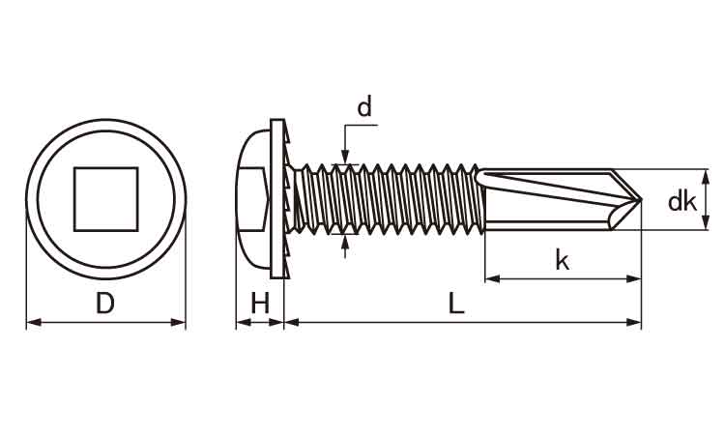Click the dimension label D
(x=105, y=304)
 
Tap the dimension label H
(x=260, y=304)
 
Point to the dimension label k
(x=562, y=259)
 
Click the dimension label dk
(x=682, y=201)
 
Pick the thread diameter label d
(x=363, y=108)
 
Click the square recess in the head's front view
(x=106, y=199)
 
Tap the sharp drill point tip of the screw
(x=640, y=201)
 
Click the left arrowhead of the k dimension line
(x=489, y=279)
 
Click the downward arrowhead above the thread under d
(x=345, y=159)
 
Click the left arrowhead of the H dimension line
(x=241, y=322)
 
